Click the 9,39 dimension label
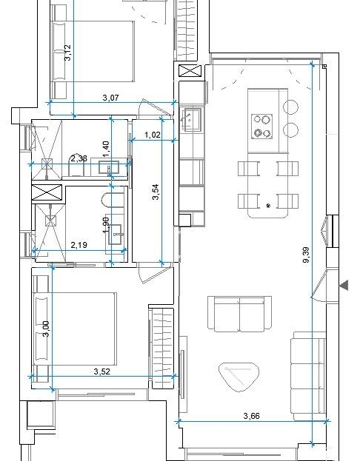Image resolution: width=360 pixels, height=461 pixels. [x=306, y=255]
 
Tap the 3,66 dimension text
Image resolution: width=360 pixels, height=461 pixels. [x=252, y=416]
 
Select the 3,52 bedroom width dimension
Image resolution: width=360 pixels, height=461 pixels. [x=101, y=371]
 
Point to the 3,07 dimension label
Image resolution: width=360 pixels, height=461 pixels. [x=110, y=98]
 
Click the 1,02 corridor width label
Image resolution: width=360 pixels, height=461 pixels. [x=153, y=135]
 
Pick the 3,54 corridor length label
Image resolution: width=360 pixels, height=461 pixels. [x=156, y=192]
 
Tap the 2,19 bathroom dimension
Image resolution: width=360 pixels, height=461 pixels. [x=79, y=245]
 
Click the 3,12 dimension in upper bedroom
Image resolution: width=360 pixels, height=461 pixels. [x=67, y=53]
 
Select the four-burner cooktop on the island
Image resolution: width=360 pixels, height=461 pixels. [x=261, y=127]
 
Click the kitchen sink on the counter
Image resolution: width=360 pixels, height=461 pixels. [x=191, y=119]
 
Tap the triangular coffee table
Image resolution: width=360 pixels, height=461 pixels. [x=239, y=377]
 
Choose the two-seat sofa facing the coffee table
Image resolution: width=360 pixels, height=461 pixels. [x=239, y=314]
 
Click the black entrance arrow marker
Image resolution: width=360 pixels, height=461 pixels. [x=344, y=285]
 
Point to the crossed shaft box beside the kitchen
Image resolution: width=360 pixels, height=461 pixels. [x=190, y=71]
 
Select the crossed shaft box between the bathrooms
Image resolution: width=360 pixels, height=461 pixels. [x=47, y=193]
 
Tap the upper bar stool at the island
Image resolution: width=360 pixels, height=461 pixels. [x=291, y=107]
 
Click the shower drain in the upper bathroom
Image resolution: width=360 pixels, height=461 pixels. [x=47, y=164]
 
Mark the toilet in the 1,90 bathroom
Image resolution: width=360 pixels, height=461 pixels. [x=113, y=201]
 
